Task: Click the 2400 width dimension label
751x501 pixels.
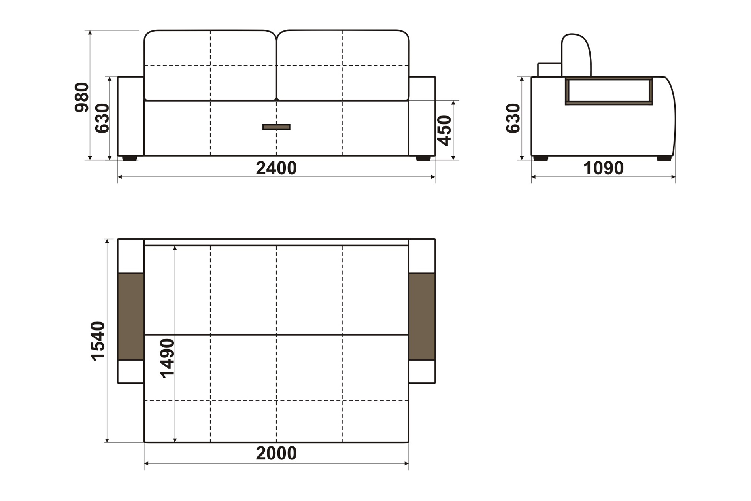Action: pos(276,168)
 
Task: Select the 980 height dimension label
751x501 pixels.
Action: pos(82,97)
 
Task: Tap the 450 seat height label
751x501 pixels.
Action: pos(444,130)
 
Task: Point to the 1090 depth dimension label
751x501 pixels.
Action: pos(603,168)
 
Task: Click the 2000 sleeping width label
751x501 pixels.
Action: pos(276,454)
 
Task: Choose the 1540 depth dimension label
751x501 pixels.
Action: pos(98,341)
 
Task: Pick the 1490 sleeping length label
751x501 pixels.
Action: pos(167,358)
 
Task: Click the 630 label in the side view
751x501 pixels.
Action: pos(513,118)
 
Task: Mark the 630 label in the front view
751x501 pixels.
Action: pos(102,118)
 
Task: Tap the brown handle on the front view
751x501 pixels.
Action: pos(276,127)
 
